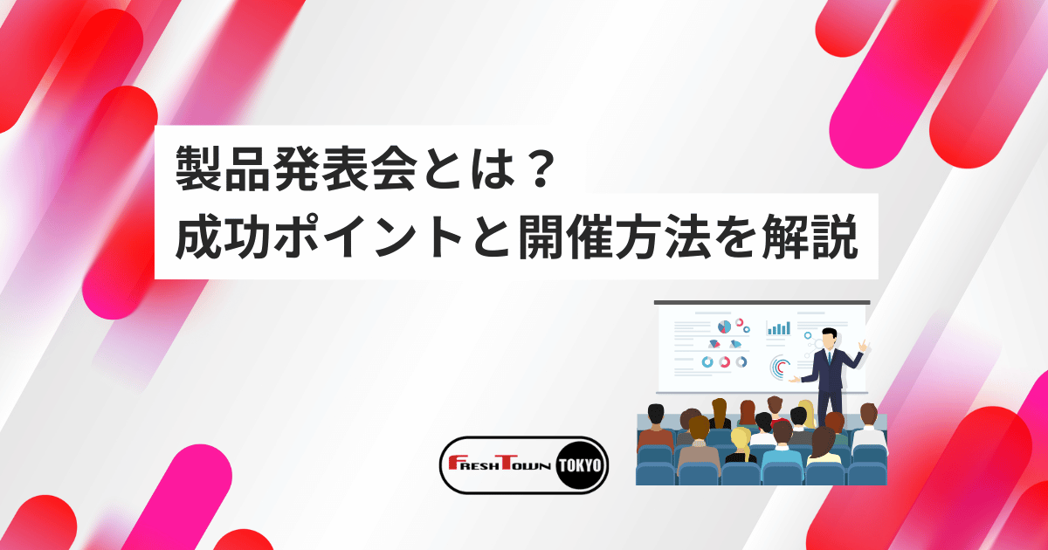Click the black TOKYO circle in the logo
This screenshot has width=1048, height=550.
pos(579,465)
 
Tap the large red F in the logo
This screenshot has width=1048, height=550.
pos(454,465)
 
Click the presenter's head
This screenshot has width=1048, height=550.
pos(829,336)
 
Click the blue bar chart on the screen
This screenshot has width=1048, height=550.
pos(778,328)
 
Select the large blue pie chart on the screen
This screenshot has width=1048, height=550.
pos(724,326)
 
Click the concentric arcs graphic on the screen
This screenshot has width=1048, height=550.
pos(780,368)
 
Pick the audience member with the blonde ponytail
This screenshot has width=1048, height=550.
pos(741,439)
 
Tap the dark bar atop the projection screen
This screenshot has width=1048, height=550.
pos(762,302)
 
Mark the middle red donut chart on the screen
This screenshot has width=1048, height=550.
pos(724,361)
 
